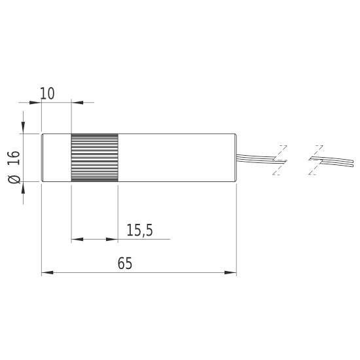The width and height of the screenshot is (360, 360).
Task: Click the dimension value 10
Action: (x=47, y=94)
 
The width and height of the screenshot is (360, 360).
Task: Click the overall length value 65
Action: (x=125, y=264)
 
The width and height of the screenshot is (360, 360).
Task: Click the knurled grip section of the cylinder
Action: (x=94, y=156)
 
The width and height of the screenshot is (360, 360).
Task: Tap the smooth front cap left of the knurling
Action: (x=56, y=156)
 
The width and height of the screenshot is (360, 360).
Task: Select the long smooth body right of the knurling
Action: (x=177, y=156)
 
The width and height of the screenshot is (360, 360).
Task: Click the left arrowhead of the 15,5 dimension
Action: (x=74, y=239)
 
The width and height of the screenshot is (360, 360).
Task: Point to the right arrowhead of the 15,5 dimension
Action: (x=113, y=239)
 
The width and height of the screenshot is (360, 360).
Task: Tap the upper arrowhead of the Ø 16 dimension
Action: (x=24, y=129)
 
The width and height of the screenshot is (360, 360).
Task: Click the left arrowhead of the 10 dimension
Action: (x=37, y=102)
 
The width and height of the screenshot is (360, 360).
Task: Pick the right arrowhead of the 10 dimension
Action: (x=74, y=102)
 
